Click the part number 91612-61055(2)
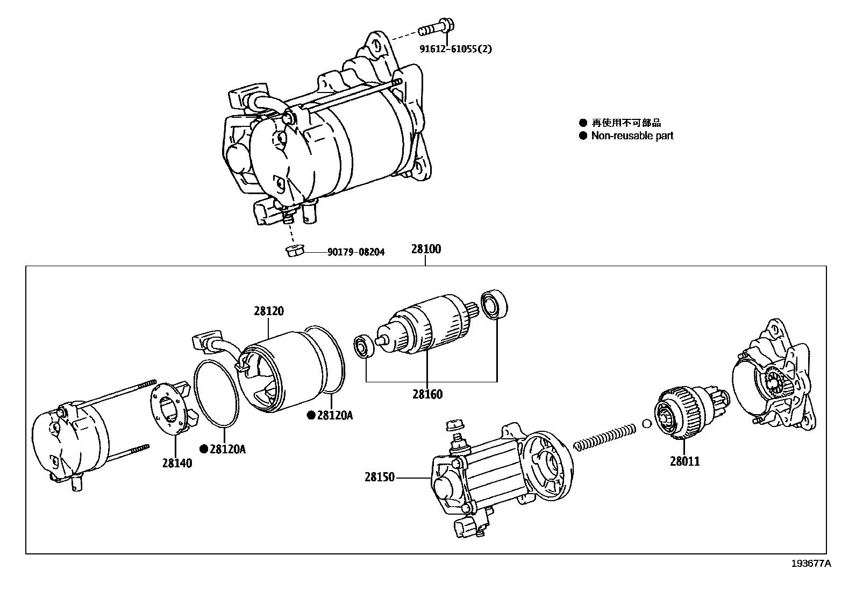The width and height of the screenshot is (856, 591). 455,49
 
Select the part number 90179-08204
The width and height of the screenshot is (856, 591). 355,252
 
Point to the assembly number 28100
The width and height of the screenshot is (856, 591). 426,249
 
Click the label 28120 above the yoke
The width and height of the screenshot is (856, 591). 269,311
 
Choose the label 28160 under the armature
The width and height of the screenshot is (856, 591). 427,394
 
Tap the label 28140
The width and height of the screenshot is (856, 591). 177,462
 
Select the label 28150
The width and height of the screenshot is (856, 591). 380,477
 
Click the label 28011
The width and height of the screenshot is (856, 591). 685,461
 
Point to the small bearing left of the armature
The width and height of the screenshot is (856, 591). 363,347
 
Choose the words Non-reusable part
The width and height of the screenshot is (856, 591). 632,136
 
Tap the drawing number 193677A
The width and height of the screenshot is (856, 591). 810,563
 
